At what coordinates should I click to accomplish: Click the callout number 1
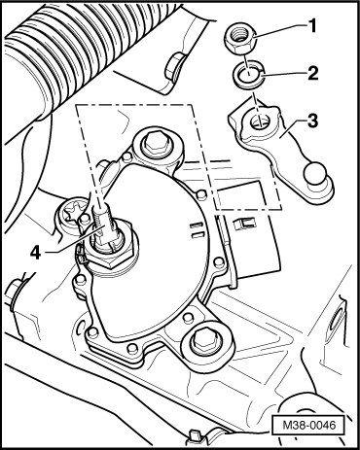[311, 25]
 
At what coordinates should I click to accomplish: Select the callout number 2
[313, 73]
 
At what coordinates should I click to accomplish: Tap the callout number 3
[312, 121]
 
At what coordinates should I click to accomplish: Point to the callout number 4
[35, 253]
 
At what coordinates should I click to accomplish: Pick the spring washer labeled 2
[248, 76]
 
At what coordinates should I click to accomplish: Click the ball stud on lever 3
[314, 174]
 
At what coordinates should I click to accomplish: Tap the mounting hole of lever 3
[259, 122]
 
